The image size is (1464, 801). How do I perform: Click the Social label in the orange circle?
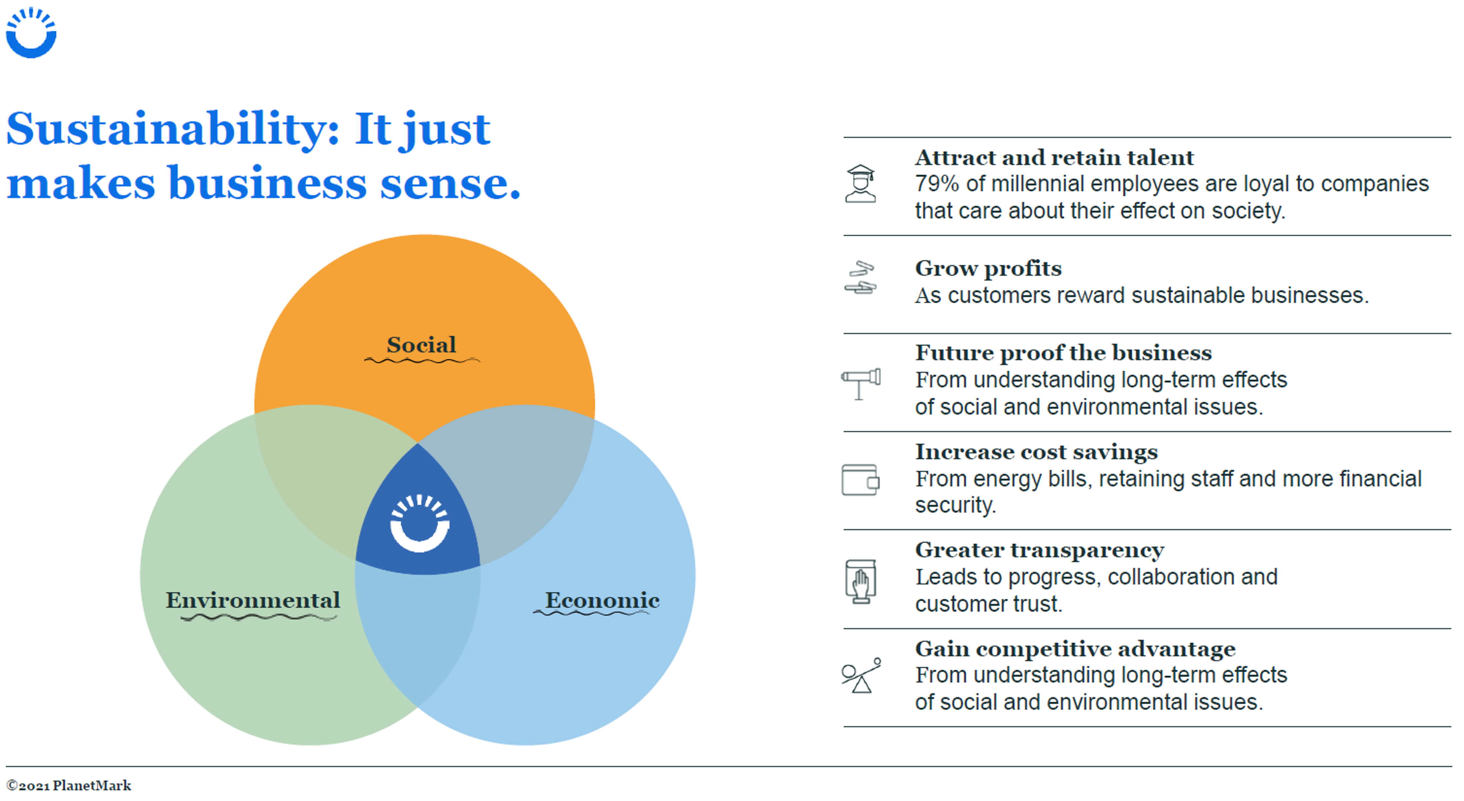[421, 345]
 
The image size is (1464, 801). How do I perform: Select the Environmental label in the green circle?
[253, 600]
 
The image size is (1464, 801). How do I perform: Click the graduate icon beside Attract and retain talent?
[861, 184]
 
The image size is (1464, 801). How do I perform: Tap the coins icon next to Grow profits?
[861, 277]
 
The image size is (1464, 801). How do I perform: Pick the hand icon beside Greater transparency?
[861, 581]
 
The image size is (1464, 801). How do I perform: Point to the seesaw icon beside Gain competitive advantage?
[861, 675]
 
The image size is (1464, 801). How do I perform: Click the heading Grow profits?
[988, 269]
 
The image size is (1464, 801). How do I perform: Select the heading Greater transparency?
[1039, 550]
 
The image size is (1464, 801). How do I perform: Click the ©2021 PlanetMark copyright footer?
[69, 786]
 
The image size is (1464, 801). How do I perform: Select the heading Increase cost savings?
[1036, 452]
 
